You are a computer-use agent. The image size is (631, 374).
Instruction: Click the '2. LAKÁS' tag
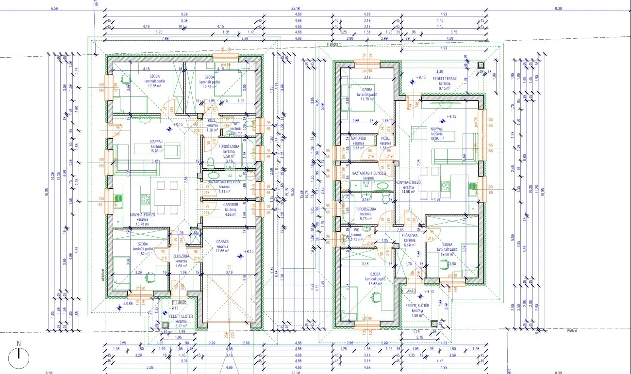point(180,302)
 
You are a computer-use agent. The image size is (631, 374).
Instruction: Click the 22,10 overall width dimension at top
point(296,8)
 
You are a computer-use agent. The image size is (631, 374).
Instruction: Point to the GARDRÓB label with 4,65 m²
point(230,205)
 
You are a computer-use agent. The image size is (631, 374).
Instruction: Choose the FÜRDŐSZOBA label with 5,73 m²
point(363,210)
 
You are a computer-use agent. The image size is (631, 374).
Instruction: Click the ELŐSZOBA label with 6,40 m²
point(410,236)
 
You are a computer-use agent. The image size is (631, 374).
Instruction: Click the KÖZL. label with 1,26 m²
point(212,121)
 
